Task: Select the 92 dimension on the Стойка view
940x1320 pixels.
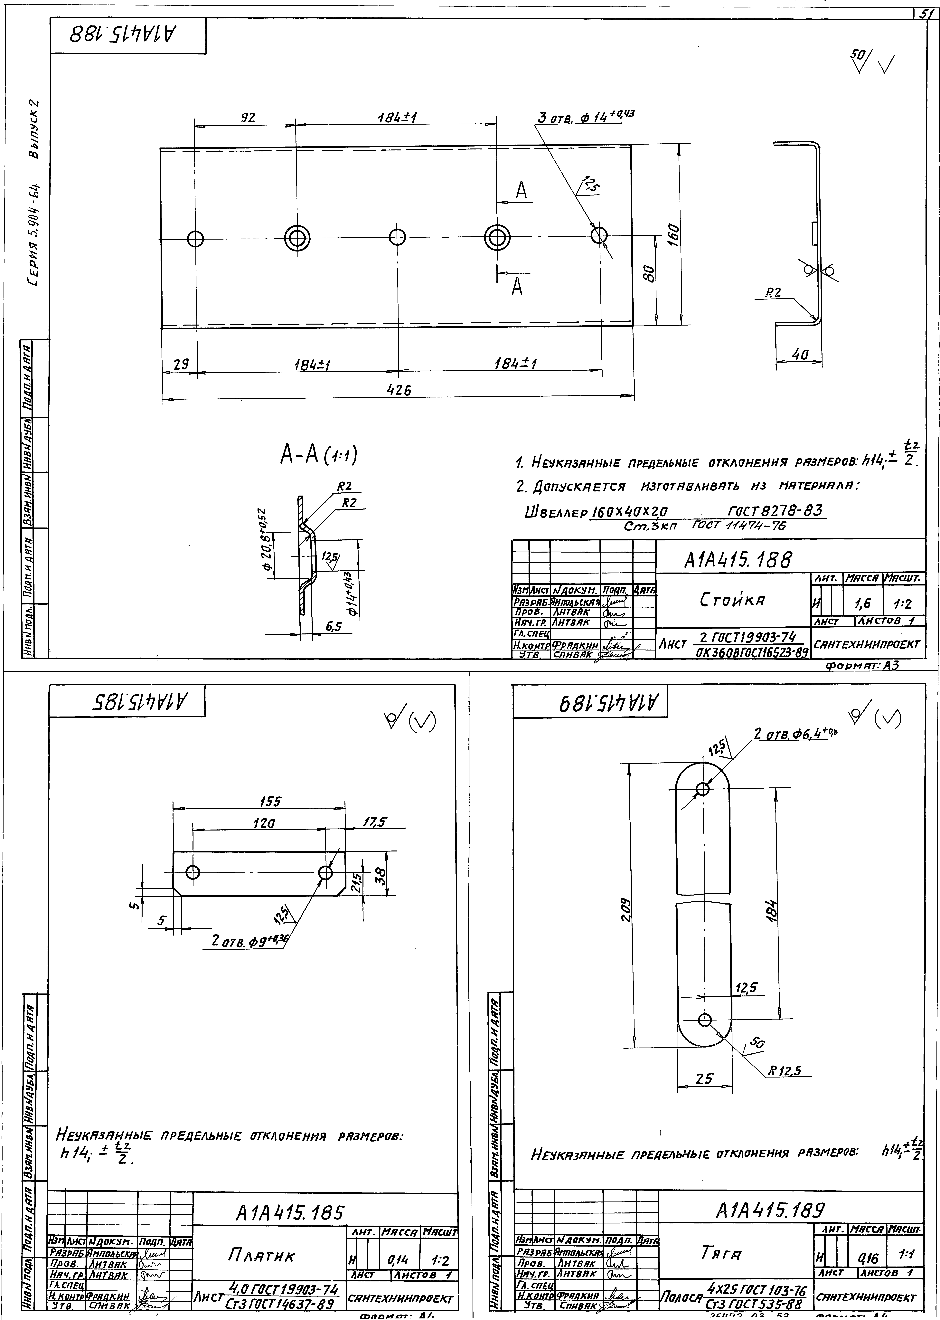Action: click(248, 118)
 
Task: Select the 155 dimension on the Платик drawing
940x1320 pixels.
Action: click(270, 801)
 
